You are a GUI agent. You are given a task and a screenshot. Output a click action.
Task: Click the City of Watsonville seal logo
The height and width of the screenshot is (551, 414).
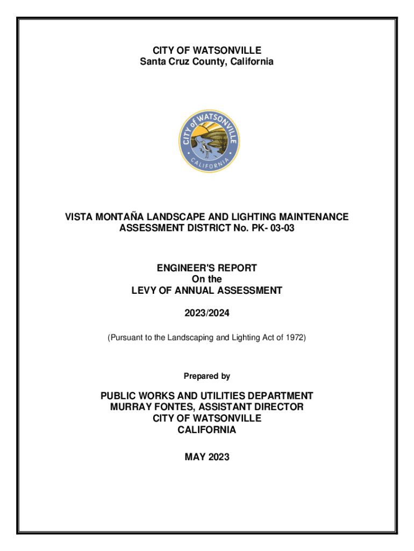pos(209,142)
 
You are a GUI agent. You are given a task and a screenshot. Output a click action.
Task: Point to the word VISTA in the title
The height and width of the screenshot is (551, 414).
pos(78,217)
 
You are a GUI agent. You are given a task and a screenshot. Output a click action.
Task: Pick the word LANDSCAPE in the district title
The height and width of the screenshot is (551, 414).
pos(173,217)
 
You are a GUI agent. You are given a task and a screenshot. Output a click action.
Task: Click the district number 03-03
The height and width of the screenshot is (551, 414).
pos(283,229)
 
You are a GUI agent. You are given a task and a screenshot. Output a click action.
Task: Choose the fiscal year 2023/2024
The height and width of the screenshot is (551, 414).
pos(207,314)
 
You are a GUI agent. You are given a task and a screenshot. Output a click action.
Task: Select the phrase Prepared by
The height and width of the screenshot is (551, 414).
pos(207,376)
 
